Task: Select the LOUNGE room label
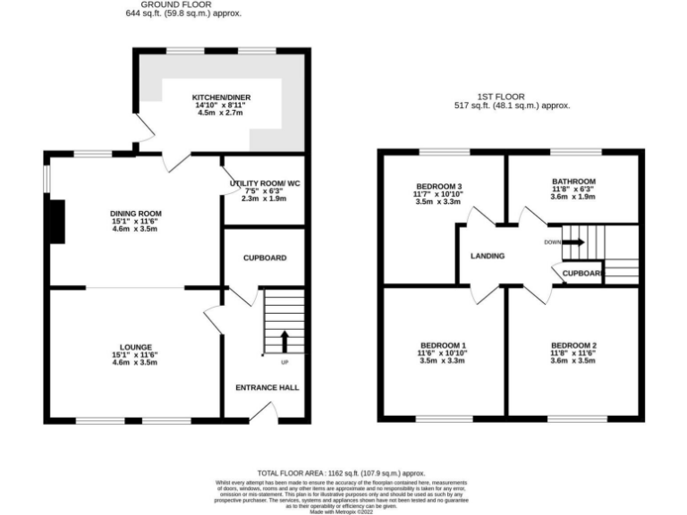pos(136,347)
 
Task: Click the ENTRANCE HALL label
pos(267,387)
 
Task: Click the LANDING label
pos(488,257)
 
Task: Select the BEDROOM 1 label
pos(444,345)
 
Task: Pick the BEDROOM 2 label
pos(573,345)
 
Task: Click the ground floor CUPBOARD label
pos(265,258)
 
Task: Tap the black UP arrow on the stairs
pos(285,341)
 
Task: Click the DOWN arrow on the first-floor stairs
pos(572,241)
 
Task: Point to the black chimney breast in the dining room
pos(56,221)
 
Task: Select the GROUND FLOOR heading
pos(184,4)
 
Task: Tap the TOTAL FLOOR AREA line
pos(341,473)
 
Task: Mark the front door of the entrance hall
pos(263,412)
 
